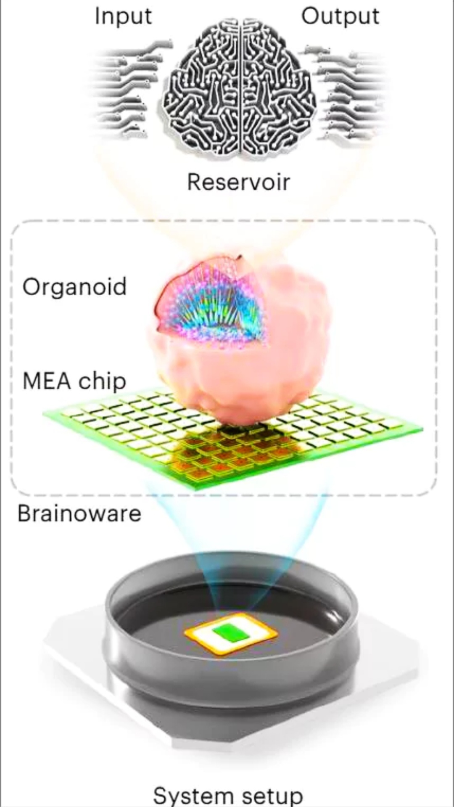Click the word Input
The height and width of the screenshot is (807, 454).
[123, 17]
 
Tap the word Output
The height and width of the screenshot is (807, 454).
[340, 16]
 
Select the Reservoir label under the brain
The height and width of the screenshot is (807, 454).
[238, 182]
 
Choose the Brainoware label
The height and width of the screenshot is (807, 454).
[79, 513]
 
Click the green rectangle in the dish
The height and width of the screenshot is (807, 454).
[230, 633]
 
